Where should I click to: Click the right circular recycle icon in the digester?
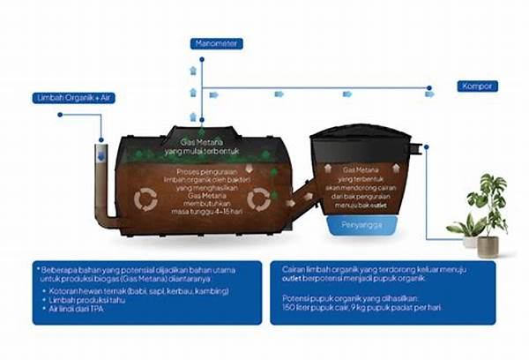click(x=257, y=199)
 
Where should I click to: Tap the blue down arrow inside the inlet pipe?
click(x=101, y=155)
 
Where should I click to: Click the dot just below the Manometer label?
click(x=202, y=59)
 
